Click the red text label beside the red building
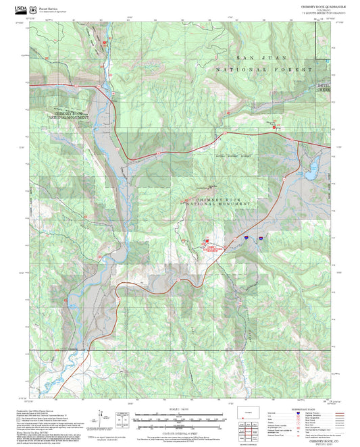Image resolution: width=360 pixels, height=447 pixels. coord(213,249)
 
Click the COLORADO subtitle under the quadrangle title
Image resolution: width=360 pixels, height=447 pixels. coord(323,9)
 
